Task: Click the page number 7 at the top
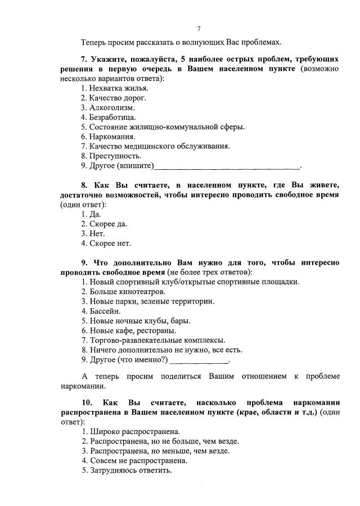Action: click(x=199, y=29)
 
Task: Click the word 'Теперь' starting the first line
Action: click(x=93, y=42)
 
